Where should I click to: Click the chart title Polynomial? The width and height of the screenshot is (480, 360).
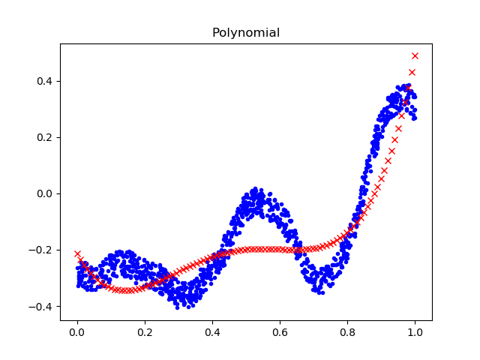click(x=246, y=33)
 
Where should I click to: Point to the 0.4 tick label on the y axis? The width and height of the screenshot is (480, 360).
click(x=46, y=81)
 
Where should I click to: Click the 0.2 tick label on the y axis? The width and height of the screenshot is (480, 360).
click(x=46, y=137)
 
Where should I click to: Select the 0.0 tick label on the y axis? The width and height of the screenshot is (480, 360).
click(x=46, y=193)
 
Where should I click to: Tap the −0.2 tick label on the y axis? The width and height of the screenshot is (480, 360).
click(x=42, y=250)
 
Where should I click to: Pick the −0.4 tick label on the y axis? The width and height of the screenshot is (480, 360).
click(x=42, y=306)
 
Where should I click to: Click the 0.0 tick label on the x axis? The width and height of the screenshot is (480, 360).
click(x=77, y=332)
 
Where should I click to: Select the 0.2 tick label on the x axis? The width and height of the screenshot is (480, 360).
click(x=145, y=332)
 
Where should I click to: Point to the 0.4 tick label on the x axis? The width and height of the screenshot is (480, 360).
click(x=212, y=332)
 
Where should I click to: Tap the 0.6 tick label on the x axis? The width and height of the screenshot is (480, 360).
click(x=280, y=332)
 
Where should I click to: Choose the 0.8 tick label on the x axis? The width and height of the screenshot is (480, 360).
click(x=347, y=332)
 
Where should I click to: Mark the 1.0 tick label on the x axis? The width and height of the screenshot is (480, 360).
click(x=415, y=332)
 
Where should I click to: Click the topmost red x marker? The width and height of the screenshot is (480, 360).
click(x=415, y=56)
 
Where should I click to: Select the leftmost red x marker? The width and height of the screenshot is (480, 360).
click(x=77, y=254)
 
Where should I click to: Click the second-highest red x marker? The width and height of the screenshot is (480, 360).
click(x=412, y=73)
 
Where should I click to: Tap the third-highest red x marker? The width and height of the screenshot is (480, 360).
click(x=408, y=88)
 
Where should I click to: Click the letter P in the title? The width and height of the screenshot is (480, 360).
click(x=215, y=33)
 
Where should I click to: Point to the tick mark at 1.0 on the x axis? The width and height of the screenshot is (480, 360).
click(x=415, y=322)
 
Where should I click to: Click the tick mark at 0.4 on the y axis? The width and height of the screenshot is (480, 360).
click(x=58, y=81)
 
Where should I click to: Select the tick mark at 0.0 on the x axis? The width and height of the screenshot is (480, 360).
click(x=77, y=322)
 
